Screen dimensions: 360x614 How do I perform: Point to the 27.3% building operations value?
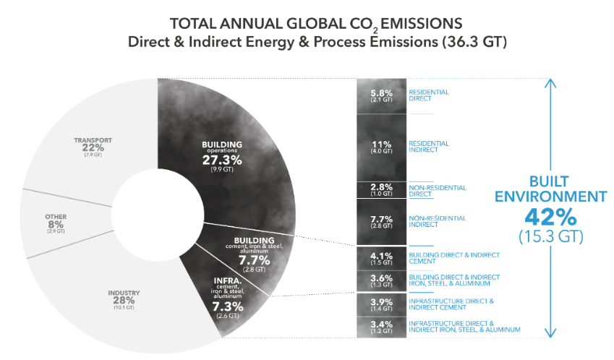pos(223,159)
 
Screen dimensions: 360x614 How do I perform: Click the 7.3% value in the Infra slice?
pos(228,307)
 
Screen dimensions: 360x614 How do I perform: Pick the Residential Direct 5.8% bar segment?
pos(381,95)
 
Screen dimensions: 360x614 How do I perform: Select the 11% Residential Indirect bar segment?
pos(381,147)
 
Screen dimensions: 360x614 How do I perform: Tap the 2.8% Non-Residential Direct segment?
pos(381,189)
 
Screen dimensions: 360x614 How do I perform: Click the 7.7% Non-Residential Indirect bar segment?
pos(381,221)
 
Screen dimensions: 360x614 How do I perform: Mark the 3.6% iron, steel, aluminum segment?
pos(381,280)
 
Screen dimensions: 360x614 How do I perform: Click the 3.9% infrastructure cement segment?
pos(381,304)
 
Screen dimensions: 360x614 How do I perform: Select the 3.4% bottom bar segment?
pos(381,327)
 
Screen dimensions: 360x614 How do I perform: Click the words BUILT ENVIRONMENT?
pos(550,189)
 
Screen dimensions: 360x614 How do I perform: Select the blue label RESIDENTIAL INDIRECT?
pos(429,147)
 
